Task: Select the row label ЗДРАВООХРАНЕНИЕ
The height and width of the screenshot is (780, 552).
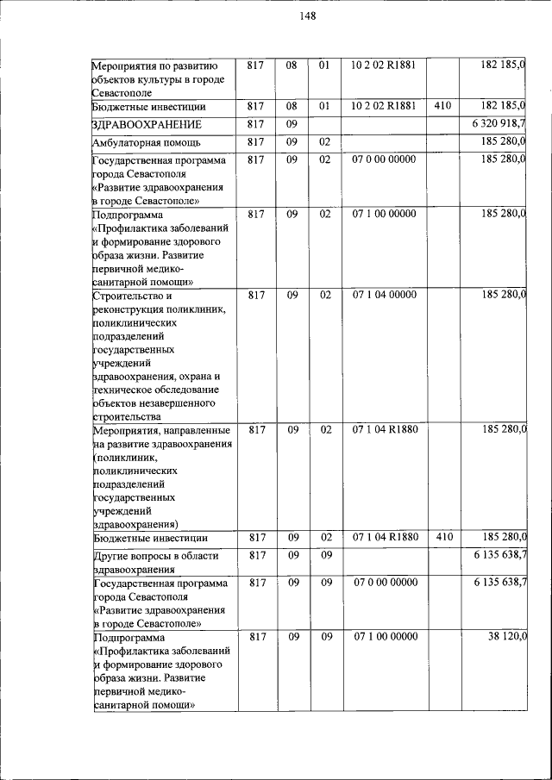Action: [x=147, y=124]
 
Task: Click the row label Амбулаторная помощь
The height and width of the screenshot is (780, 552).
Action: [x=147, y=142]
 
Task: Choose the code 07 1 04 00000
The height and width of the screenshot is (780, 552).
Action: [x=384, y=295]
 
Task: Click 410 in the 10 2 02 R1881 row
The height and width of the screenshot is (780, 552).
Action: [x=443, y=106]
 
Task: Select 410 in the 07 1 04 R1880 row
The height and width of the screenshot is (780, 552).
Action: [x=443, y=537]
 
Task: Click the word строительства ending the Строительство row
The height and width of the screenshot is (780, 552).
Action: [x=126, y=416]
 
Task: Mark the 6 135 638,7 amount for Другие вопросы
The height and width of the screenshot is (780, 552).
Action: [x=500, y=554]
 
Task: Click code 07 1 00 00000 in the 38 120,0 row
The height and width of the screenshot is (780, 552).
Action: [x=384, y=636]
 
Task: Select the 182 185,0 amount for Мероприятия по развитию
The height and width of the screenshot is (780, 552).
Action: [x=505, y=65]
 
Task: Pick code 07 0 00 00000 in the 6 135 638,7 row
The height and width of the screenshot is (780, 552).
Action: [x=384, y=583]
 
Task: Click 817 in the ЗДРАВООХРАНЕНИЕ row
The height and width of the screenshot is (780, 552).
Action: [x=255, y=123]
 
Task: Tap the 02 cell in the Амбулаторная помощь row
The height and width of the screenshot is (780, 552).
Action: [x=326, y=141]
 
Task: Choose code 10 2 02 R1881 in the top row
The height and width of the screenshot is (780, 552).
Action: [x=384, y=65]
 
